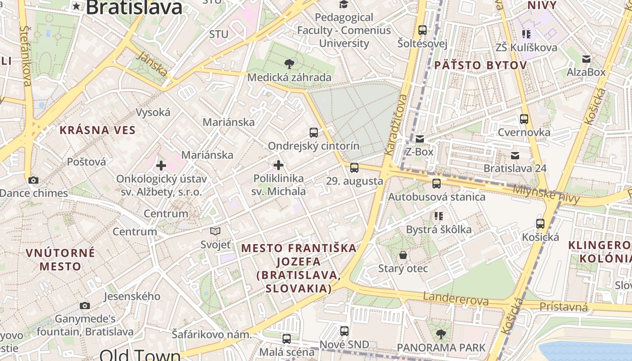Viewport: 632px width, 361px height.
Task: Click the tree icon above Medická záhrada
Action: point(289,64)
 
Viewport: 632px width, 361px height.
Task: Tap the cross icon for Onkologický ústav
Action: point(161,166)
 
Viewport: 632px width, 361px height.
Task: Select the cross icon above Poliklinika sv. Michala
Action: point(279,165)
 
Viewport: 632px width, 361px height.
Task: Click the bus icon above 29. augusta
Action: point(354,168)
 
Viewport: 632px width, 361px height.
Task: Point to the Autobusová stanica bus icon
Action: point(436,184)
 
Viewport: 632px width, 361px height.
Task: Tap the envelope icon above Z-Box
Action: point(420,139)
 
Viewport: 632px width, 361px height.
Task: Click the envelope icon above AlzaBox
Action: point(586,59)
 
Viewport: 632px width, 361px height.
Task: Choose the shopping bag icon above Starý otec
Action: point(403,255)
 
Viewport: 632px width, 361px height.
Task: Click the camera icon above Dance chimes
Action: point(33,180)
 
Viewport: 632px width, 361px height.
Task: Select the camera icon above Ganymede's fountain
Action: point(84,305)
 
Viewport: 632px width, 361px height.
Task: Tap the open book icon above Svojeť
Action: point(215,231)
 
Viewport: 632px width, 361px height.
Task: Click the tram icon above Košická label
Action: point(540,223)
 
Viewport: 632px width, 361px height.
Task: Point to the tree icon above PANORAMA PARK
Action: point(441,334)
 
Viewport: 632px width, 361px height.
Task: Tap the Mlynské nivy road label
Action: point(546,193)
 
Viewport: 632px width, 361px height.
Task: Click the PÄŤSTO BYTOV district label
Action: point(480,65)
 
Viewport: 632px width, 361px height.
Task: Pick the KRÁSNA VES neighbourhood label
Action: point(98,130)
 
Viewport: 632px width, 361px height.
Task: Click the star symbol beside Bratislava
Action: point(77,6)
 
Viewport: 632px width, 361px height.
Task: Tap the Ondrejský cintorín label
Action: point(314,146)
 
